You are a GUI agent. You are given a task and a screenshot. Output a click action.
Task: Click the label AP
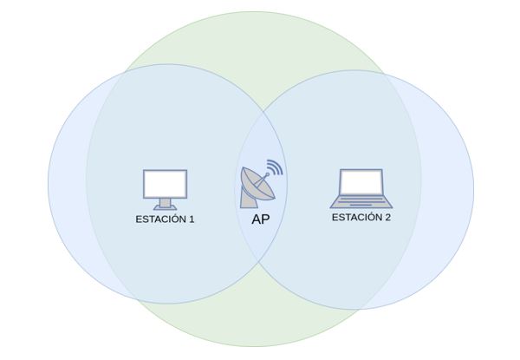click(x=260, y=219)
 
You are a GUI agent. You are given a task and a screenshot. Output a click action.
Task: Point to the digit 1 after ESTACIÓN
click(x=191, y=219)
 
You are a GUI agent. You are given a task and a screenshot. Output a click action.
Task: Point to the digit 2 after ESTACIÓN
click(x=387, y=217)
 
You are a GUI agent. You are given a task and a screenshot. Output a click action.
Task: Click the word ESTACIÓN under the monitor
click(x=160, y=219)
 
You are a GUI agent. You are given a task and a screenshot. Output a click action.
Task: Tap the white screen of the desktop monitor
click(x=165, y=183)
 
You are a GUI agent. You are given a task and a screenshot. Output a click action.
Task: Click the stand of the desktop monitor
click(x=165, y=204)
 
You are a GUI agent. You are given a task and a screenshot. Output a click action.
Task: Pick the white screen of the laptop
click(x=361, y=182)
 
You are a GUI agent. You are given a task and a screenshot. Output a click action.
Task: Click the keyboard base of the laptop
click(x=361, y=203)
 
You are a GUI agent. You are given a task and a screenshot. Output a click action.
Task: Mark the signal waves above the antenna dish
click(x=274, y=167)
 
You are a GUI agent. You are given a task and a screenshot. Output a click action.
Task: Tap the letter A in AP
click(x=256, y=219)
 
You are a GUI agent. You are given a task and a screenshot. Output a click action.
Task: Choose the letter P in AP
click(x=265, y=219)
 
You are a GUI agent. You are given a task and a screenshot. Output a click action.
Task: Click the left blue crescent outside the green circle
click(x=66, y=182)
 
